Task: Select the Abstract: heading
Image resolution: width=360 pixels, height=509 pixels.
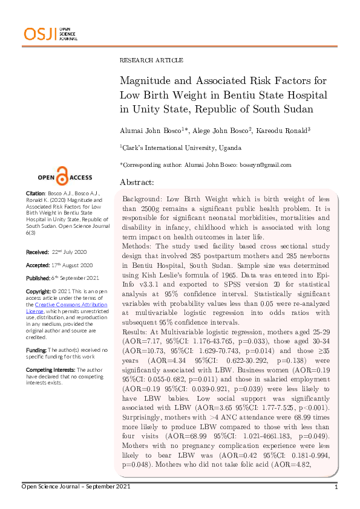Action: (137, 182)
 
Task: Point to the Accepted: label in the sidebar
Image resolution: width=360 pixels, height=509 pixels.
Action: (38, 265)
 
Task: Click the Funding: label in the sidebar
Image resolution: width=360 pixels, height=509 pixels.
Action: (36, 350)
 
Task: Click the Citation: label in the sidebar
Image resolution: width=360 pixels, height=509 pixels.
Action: (35, 193)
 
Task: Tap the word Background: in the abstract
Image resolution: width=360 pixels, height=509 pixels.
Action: (142, 199)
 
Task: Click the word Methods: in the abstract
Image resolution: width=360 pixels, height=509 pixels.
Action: (138, 247)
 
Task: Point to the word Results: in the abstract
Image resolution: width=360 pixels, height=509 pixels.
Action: (137, 333)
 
